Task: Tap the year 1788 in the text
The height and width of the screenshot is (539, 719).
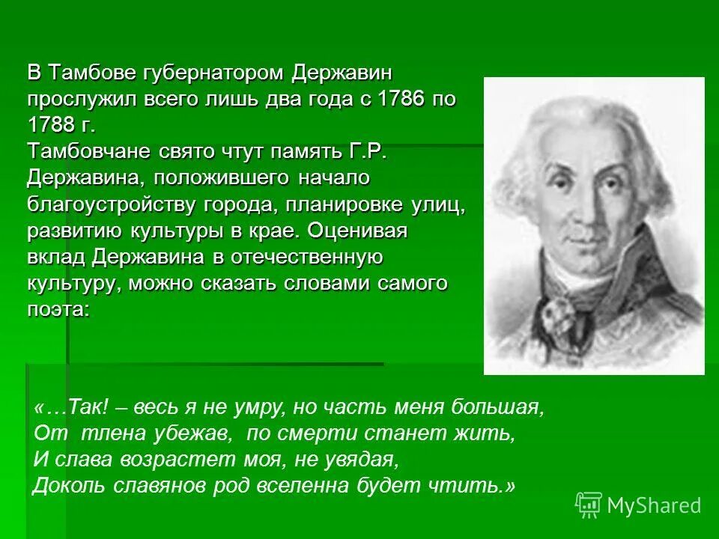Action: (x=55, y=125)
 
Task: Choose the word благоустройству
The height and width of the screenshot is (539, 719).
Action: (x=106, y=204)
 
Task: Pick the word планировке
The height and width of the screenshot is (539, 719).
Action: (x=349, y=204)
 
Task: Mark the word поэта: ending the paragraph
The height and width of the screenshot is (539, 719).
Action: (x=58, y=309)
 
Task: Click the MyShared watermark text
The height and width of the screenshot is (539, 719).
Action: (x=654, y=505)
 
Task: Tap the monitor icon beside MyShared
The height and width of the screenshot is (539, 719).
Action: (x=588, y=505)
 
